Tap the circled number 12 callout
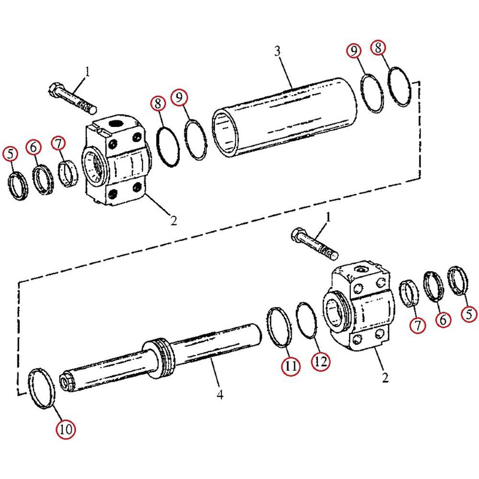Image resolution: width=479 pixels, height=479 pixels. [321, 362]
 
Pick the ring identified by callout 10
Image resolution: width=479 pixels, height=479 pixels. [42, 388]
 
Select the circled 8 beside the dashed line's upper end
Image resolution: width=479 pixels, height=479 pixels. [377, 48]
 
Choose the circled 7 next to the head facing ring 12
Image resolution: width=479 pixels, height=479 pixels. [418, 326]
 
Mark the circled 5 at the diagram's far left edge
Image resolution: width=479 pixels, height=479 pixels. [10, 153]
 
